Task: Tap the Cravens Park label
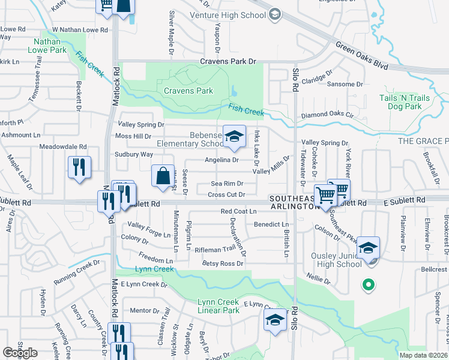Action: tap(188, 91)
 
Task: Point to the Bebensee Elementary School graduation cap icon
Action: tap(235, 136)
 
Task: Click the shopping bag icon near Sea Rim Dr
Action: tap(163, 176)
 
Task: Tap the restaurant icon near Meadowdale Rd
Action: tap(79, 167)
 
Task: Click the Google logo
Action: tap(20, 353)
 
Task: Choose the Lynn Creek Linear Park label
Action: tap(219, 306)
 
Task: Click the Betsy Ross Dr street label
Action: tap(223, 263)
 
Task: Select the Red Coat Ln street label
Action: tap(238, 211)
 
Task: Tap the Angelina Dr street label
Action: tap(222, 160)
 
